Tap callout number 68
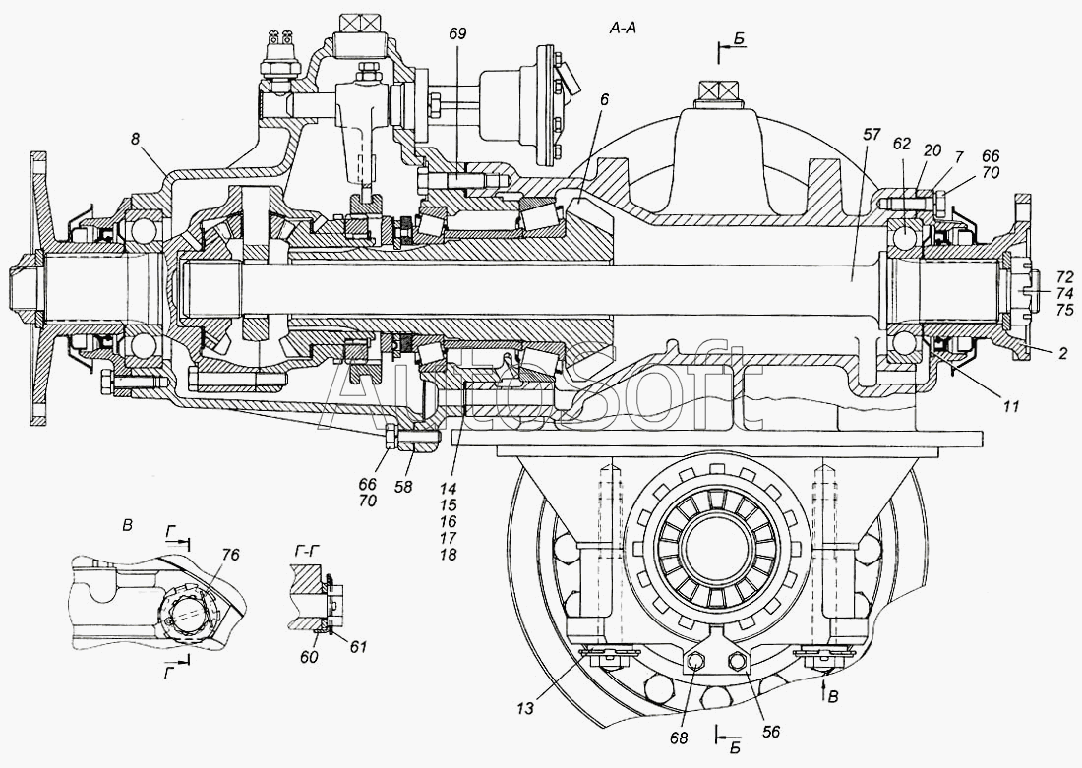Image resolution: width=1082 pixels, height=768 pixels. click(678, 734)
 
